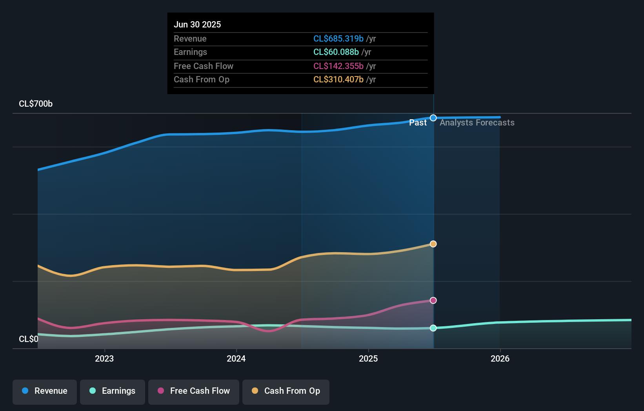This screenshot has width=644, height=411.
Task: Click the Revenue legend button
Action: tap(45, 391)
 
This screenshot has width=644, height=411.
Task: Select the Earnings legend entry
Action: tap(113, 391)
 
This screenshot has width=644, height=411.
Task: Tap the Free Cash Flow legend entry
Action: tap(194, 391)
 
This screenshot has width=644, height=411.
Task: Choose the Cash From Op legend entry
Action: tap(286, 391)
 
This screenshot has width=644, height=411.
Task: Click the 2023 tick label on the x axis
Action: tap(104, 358)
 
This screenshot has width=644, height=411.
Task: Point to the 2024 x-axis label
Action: tap(236, 358)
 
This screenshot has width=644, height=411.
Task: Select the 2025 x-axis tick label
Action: tap(368, 358)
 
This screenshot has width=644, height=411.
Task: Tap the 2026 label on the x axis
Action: tap(500, 358)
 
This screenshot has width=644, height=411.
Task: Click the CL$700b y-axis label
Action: tap(36, 104)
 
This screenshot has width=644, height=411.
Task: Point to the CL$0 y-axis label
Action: tap(29, 339)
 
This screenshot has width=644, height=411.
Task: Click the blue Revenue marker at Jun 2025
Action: tap(433, 118)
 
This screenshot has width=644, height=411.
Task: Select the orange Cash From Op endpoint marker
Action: tap(433, 244)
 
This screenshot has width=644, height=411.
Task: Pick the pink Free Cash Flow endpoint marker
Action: tap(433, 300)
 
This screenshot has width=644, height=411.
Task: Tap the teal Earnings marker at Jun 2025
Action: tap(433, 328)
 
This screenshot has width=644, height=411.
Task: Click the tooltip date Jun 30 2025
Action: tap(197, 25)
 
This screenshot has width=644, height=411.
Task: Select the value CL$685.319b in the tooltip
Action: tap(338, 39)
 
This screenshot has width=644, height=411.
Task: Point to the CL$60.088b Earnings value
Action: tap(336, 52)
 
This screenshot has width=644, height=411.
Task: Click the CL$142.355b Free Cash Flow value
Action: tap(338, 66)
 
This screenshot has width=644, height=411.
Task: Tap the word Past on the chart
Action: tap(418, 123)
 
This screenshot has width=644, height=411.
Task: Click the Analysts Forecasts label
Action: tap(477, 123)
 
